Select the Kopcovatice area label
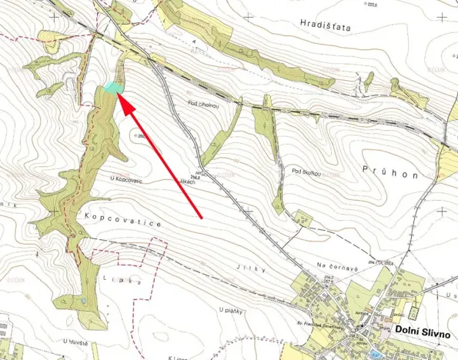[x=119, y=221]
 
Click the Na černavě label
[x=333, y=266]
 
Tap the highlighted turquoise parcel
[x=112, y=88]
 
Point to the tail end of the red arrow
[x=202, y=218]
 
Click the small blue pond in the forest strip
[x=83, y=299]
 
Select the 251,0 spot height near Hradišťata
[x=373, y=5]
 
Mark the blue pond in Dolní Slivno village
[x=375, y=353]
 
